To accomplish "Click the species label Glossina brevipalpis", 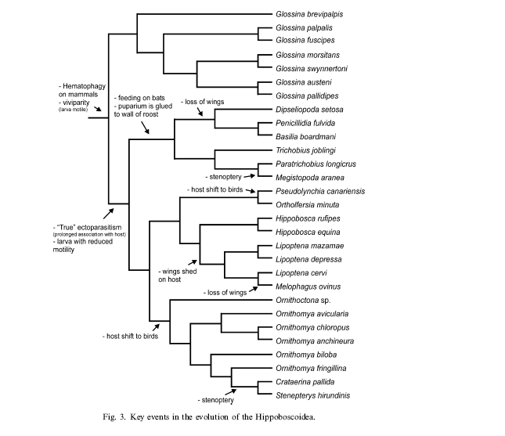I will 309,14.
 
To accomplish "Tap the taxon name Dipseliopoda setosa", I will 309,110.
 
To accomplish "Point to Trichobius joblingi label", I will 305,150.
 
